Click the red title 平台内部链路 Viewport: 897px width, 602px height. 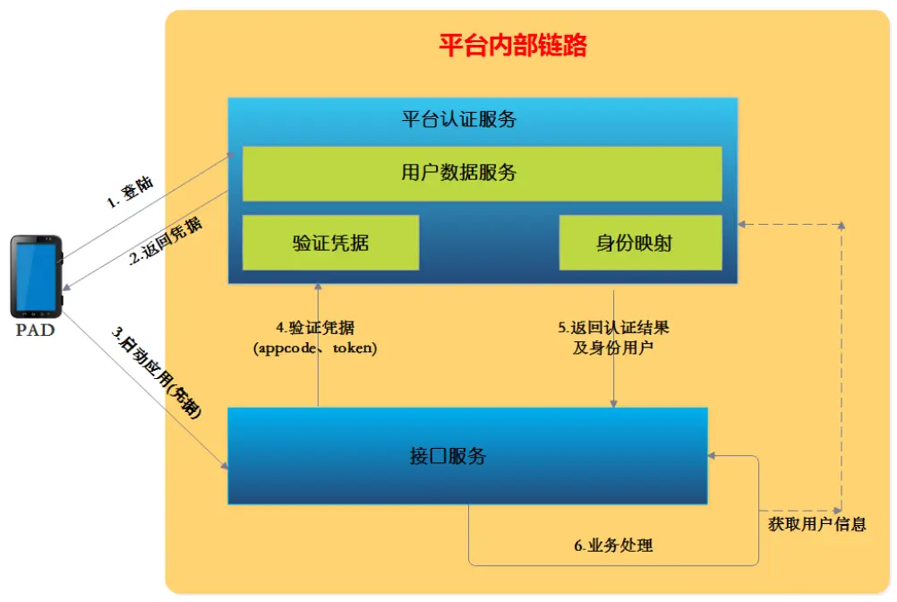[512, 46]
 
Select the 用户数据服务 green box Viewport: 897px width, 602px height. [482, 173]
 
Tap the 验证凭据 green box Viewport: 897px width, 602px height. [330, 243]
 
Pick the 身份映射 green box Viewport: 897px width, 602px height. [640, 243]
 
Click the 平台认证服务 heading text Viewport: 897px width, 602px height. [459, 119]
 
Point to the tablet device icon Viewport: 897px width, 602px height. [36, 276]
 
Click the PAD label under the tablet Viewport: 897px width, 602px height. [35, 331]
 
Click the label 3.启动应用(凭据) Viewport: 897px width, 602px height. [157, 373]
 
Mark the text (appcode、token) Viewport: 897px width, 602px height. [315, 348]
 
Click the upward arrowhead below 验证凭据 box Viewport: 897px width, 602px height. [319, 288]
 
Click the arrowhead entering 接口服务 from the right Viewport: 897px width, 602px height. [713, 455]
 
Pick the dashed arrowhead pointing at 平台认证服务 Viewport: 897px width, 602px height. [744, 224]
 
